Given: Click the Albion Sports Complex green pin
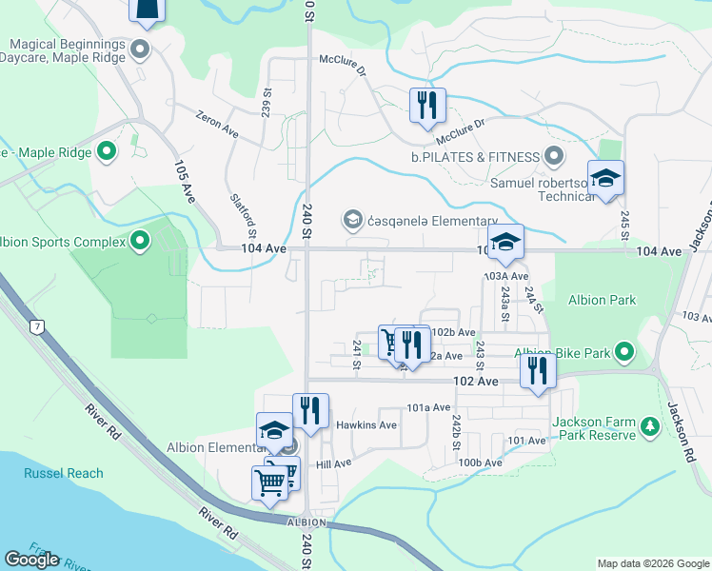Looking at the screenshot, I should (x=141, y=242).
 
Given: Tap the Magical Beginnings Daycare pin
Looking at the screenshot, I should (x=141, y=49).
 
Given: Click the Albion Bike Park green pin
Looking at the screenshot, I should (x=624, y=353).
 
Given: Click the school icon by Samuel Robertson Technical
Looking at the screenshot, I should (x=605, y=179).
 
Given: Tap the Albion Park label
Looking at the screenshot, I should (x=602, y=301).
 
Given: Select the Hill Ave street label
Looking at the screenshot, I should (x=334, y=463).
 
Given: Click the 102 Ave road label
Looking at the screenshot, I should (x=476, y=382).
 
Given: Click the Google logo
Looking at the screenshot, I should (x=31, y=559).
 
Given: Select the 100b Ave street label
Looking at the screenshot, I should (x=480, y=463).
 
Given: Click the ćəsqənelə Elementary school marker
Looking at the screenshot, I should (x=353, y=221).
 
